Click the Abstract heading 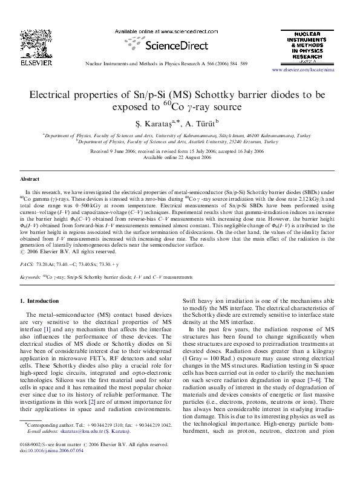[30, 180]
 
